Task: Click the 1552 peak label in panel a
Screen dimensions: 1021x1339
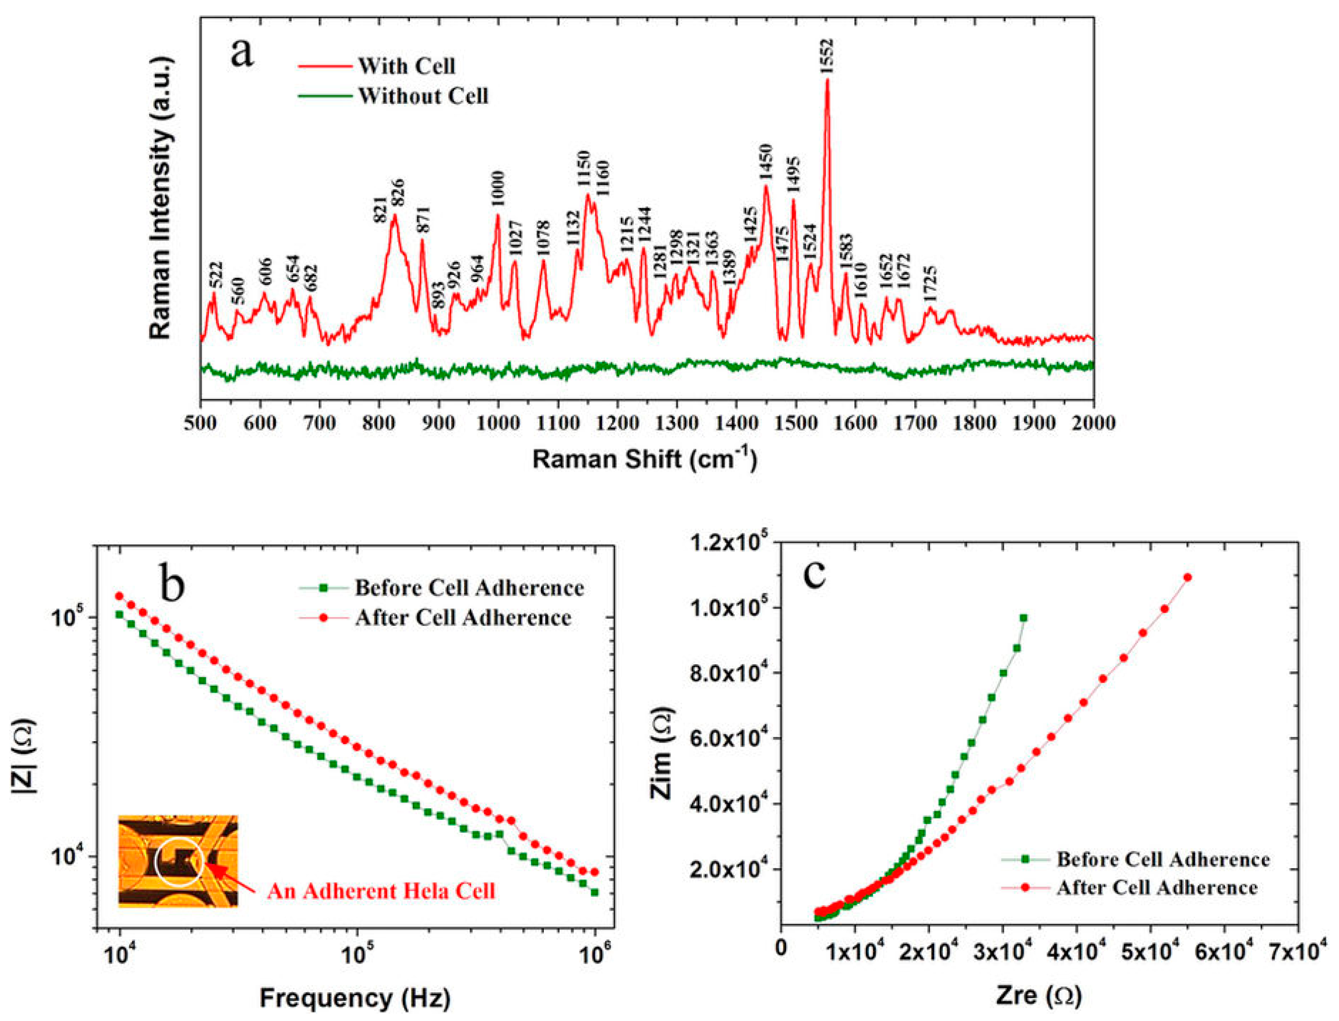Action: pos(827,56)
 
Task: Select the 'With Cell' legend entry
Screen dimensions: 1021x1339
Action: pos(406,66)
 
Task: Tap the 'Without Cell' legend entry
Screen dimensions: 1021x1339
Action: pos(422,96)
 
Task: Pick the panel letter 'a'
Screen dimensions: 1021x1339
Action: pos(242,53)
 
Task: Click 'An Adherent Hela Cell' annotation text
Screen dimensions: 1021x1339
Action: pos(381,891)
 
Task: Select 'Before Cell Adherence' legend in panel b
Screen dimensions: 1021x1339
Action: pos(469,588)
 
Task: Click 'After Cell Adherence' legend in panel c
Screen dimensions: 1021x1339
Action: pos(1157,888)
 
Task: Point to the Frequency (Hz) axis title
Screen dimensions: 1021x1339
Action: pos(355,998)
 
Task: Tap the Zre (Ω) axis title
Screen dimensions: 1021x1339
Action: pos(1039,996)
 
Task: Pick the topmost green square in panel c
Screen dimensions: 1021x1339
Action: pos(1023,618)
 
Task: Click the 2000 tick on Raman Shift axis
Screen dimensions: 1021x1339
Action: pos(1093,422)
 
